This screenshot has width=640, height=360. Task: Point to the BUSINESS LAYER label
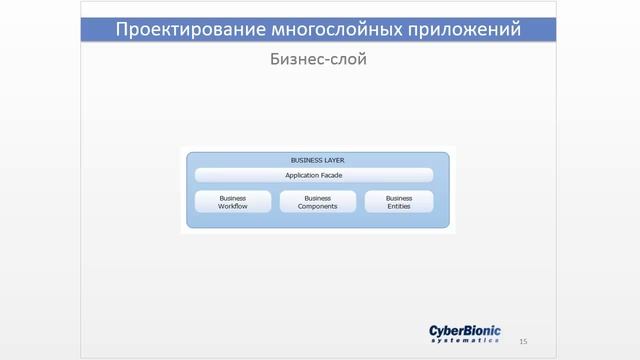(x=318, y=159)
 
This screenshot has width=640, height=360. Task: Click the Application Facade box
(x=314, y=175)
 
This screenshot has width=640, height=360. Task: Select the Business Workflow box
(x=232, y=202)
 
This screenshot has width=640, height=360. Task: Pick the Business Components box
(x=317, y=202)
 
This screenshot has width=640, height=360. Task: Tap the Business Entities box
(x=399, y=202)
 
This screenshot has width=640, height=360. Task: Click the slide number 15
(x=523, y=341)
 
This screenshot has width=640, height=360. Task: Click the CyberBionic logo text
(x=465, y=331)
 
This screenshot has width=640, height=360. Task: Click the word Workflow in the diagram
(x=232, y=206)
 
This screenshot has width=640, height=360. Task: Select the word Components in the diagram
(x=317, y=206)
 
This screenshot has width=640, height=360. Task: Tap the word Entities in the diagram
(x=399, y=206)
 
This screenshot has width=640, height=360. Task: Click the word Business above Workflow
(x=232, y=198)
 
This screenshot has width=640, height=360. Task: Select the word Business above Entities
(x=399, y=198)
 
